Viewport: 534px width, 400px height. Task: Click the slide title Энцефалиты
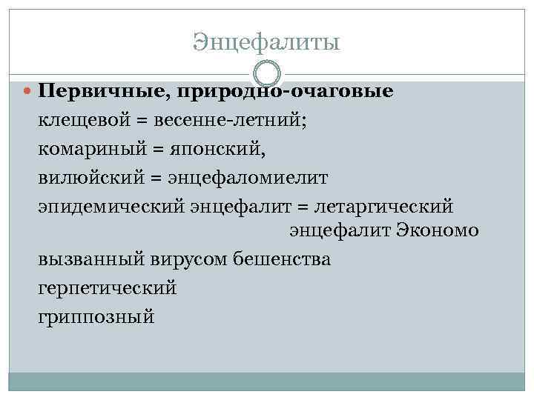pyautogui.click(x=266, y=42)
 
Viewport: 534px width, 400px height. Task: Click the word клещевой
pyautogui.click(x=81, y=120)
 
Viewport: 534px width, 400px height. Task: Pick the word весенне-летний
pyautogui.click(x=228, y=120)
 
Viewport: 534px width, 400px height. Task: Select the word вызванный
pyautogui.click(x=88, y=259)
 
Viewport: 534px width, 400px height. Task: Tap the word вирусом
pyautogui.click(x=185, y=259)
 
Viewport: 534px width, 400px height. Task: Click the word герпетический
pyautogui.click(x=108, y=287)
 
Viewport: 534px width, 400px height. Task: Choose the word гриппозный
pyautogui.click(x=96, y=316)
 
